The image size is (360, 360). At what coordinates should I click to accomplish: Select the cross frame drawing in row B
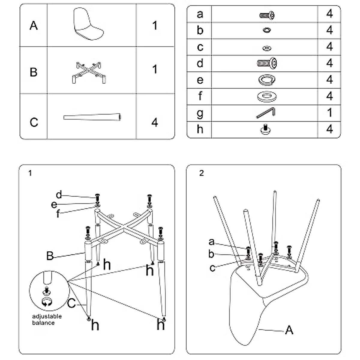[89, 72]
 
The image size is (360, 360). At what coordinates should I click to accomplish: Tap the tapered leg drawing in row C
[92, 117]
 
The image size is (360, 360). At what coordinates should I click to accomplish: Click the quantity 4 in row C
[154, 122]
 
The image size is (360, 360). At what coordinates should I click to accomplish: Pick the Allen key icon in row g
[266, 113]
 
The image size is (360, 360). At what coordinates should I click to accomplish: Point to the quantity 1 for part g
[329, 113]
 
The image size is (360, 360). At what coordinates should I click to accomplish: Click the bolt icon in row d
[267, 63]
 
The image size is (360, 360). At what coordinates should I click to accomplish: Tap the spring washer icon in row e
[266, 80]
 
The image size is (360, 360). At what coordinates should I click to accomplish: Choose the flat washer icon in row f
[266, 97]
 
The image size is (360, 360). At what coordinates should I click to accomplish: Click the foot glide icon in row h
[266, 129]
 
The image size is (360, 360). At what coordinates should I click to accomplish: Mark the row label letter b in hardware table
[200, 30]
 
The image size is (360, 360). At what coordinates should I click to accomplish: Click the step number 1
[30, 173]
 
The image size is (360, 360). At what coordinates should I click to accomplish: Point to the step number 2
[201, 173]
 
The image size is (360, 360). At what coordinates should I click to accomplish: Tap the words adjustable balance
[47, 319]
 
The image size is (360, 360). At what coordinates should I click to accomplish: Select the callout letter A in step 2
[289, 330]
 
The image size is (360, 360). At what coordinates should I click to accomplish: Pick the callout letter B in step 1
[50, 256]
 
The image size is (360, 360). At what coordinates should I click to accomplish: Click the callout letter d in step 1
[59, 195]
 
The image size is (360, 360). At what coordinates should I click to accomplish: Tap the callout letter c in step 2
[212, 268]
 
